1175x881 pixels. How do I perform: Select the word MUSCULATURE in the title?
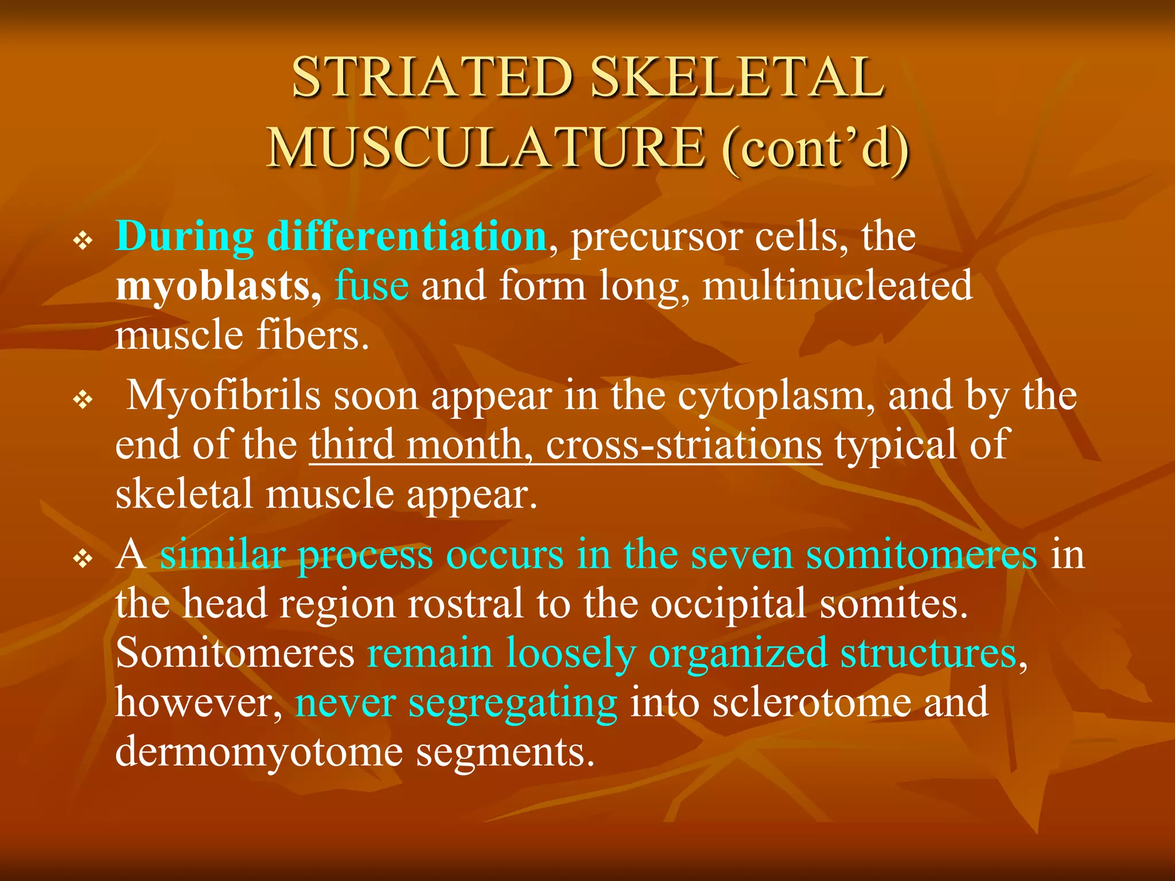pyautogui.click(x=485, y=148)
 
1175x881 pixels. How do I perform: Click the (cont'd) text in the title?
pyautogui.click(x=815, y=148)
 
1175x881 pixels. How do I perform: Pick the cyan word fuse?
pyautogui.click(x=372, y=285)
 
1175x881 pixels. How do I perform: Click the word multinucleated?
pyautogui.click(x=837, y=285)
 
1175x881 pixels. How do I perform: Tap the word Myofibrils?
pyautogui.click(x=223, y=396)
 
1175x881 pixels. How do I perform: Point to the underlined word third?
pyautogui.click(x=352, y=445)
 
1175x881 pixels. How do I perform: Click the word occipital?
pyautogui.click(x=729, y=605)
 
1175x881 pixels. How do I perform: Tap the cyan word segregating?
pyautogui.click(x=513, y=703)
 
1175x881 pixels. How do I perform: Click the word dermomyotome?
pyautogui.click(x=259, y=752)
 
